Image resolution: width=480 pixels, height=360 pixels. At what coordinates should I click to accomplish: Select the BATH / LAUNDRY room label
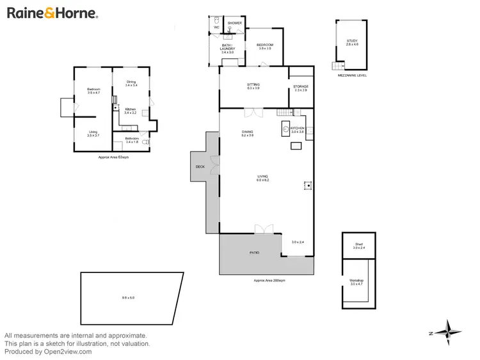coord(228,49)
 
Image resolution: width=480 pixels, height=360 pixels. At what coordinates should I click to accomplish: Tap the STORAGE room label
coord(300,88)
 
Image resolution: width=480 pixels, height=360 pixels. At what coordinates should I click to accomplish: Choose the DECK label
coord(200,167)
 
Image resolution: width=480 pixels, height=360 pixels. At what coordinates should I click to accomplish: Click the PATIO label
coord(254,253)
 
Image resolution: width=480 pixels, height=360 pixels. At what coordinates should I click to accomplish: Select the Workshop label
coord(356,282)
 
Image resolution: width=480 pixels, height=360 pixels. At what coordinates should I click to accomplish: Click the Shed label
coord(358,246)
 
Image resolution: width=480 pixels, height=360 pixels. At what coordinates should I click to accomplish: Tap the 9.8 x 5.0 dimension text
coord(129,298)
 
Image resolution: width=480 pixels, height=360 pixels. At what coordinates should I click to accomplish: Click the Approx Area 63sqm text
coord(113,157)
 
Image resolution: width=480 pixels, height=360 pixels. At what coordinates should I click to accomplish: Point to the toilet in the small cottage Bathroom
coord(145,143)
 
